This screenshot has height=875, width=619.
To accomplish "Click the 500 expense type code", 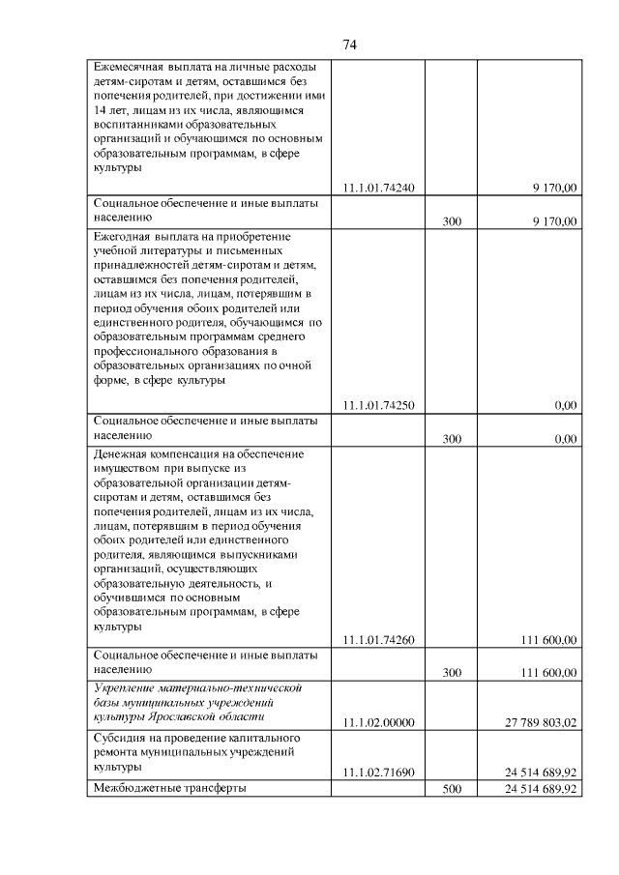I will [x=452, y=790].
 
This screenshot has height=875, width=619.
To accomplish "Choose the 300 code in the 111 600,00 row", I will [x=452, y=673].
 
